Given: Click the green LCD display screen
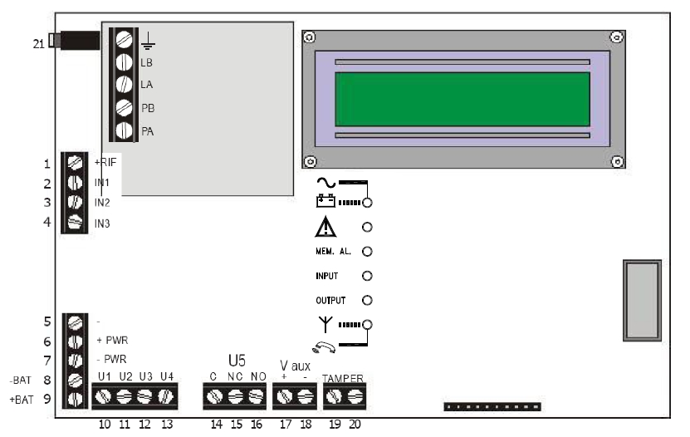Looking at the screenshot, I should pyautogui.click(x=462, y=99).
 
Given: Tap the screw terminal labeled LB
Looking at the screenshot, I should pyautogui.click(x=125, y=62).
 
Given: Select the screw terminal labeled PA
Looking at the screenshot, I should pyautogui.click(x=125, y=130).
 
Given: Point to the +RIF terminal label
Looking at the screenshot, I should pyautogui.click(x=107, y=162).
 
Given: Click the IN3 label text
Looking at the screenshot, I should pyautogui.click(x=102, y=223).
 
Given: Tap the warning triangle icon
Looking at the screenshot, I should pyautogui.click(x=326, y=226).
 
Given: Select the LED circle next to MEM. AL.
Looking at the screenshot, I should pyautogui.click(x=367, y=250).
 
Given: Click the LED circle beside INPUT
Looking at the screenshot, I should pyautogui.click(x=367, y=275).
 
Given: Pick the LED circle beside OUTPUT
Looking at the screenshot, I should pyautogui.click(x=367, y=300).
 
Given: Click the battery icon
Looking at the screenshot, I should pyautogui.click(x=325, y=201).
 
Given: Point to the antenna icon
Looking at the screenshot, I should pyautogui.click(x=324, y=324).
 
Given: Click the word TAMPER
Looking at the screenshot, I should pyautogui.click(x=343, y=379).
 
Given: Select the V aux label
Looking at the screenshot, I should pyautogui.click(x=295, y=365).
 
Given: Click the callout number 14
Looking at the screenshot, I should pyautogui.click(x=216, y=425).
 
